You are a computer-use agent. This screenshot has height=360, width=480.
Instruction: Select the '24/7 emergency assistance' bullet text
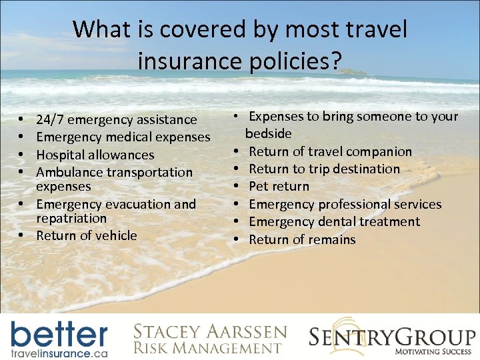pyautogui.click(x=117, y=120)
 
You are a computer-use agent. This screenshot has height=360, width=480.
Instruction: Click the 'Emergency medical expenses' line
pyautogui.click(x=123, y=137)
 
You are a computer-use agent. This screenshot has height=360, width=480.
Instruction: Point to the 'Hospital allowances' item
pyautogui.click(x=95, y=155)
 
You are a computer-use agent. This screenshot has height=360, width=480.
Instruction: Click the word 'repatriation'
pyautogui.click(x=71, y=218)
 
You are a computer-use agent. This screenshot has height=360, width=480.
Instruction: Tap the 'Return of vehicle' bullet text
pyautogui.click(x=87, y=235)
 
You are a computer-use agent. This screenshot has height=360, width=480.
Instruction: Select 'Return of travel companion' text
pyautogui.click(x=330, y=151)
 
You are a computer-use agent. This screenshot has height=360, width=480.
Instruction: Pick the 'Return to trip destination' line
pyautogui.click(x=324, y=169)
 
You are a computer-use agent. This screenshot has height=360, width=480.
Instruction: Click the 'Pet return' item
pyautogui.click(x=279, y=186)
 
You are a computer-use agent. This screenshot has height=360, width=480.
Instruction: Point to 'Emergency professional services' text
pyautogui.click(x=345, y=204)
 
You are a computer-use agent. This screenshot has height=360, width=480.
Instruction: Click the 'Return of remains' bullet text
pyautogui.click(x=302, y=239)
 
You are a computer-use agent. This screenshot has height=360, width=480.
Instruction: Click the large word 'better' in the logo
pyautogui.click(x=59, y=333)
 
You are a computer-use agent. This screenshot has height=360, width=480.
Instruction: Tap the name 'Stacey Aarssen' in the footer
pyautogui.click(x=210, y=332)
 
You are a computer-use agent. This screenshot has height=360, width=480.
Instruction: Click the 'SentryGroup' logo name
pyautogui.click(x=391, y=337)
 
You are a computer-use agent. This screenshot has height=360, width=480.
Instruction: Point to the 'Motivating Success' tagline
pyautogui.click(x=434, y=351)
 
